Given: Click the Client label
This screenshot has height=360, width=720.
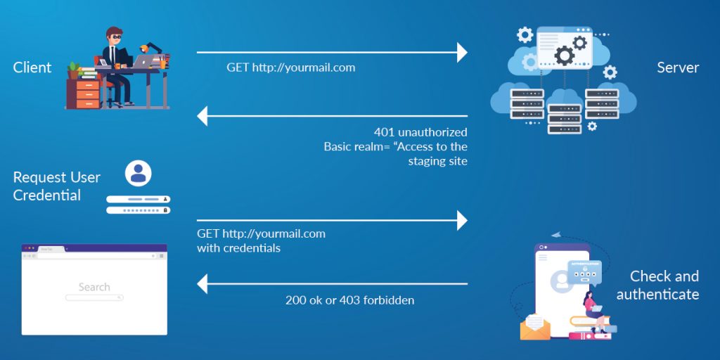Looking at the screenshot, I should point(32,67).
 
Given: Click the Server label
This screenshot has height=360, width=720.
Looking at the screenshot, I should point(678,67).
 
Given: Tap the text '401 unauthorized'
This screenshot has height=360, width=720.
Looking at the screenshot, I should point(420,132).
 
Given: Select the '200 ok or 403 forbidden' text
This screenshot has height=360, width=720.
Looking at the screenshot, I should point(349,300).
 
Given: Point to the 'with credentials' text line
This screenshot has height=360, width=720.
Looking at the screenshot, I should point(238,248).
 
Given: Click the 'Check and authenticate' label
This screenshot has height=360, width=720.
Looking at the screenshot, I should point(657,285).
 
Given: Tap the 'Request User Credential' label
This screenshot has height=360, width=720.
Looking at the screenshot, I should point(56,186).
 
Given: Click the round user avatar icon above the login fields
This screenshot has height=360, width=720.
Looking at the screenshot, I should point(139,173).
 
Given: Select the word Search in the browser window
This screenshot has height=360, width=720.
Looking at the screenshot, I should point(94,287).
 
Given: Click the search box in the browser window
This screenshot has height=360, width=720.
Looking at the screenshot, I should point(94,298).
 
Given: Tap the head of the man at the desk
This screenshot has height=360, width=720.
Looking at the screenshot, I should point(115,37).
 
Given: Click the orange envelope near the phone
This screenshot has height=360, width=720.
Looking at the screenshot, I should point(535,327).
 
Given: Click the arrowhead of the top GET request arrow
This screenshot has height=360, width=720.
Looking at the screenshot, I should point(462,52).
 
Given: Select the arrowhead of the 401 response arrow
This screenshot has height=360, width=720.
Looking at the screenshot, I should point(202,116).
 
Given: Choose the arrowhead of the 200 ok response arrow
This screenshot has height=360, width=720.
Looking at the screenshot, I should point(202,284).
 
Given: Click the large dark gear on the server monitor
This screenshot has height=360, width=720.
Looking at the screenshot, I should point(564,54).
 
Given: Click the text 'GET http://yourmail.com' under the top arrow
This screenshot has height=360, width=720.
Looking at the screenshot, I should point(290,67).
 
